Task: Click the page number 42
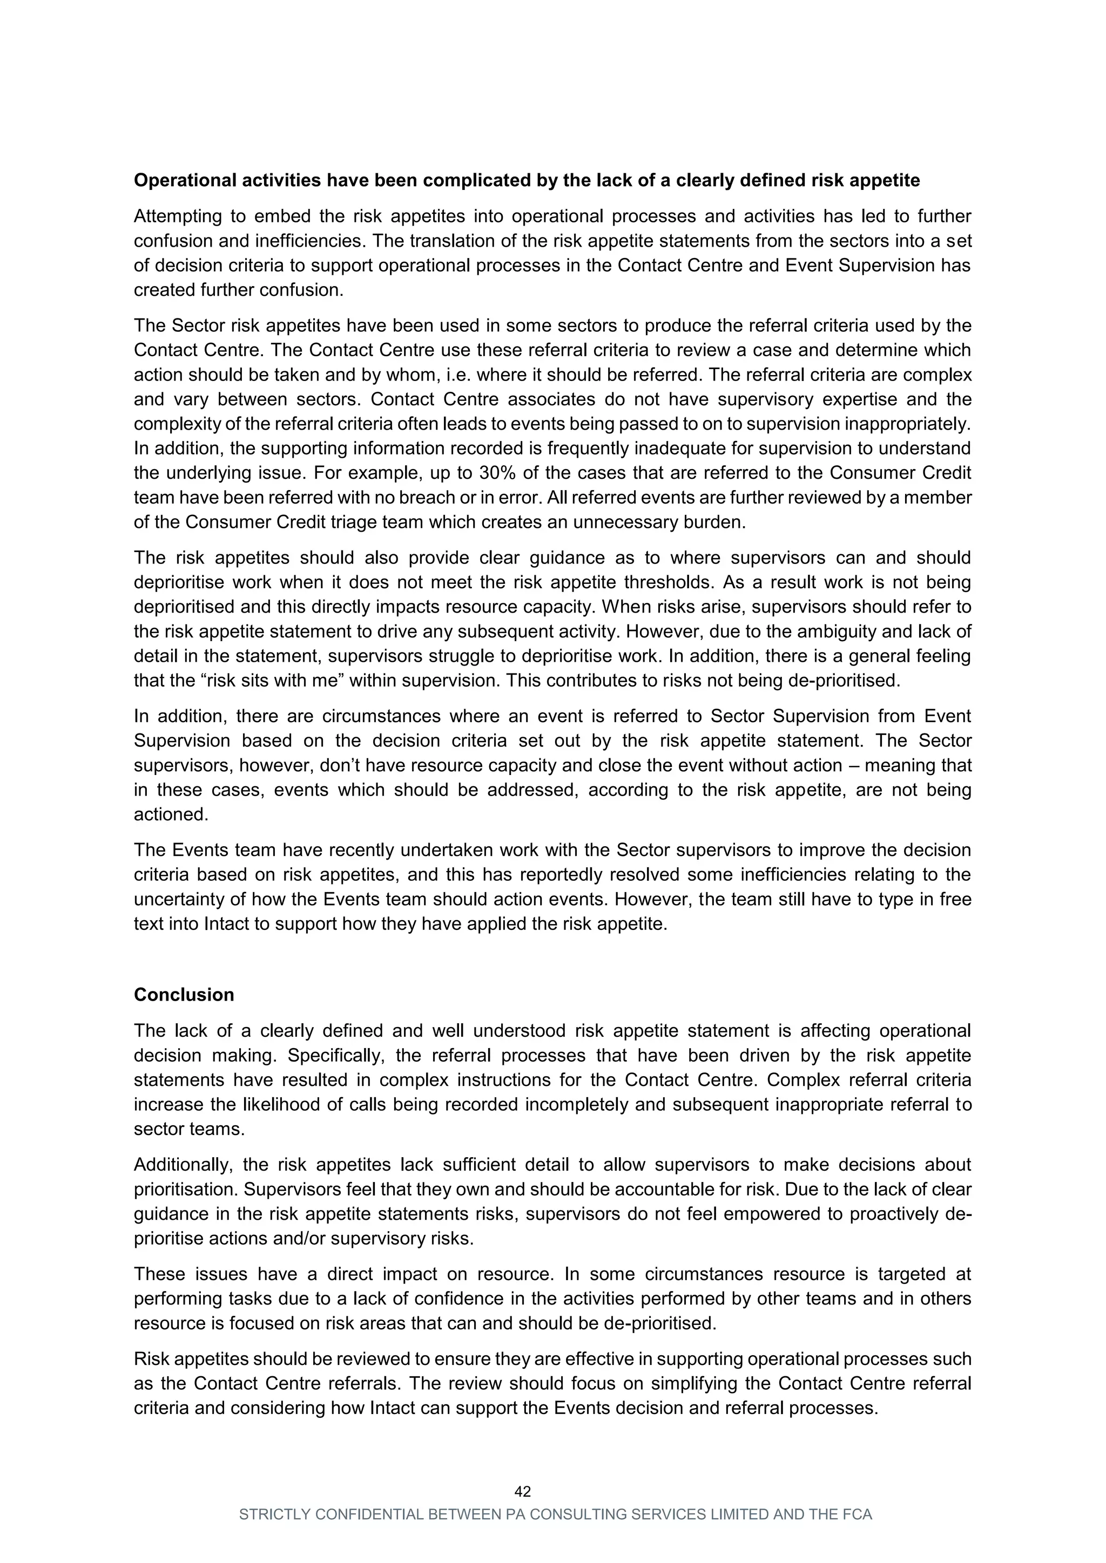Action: pyautogui.click(x=522, y=1492)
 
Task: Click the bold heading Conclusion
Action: pyautogui.click(x=184, y=995)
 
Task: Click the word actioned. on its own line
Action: pyautogui.click(x=171, y=815)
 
